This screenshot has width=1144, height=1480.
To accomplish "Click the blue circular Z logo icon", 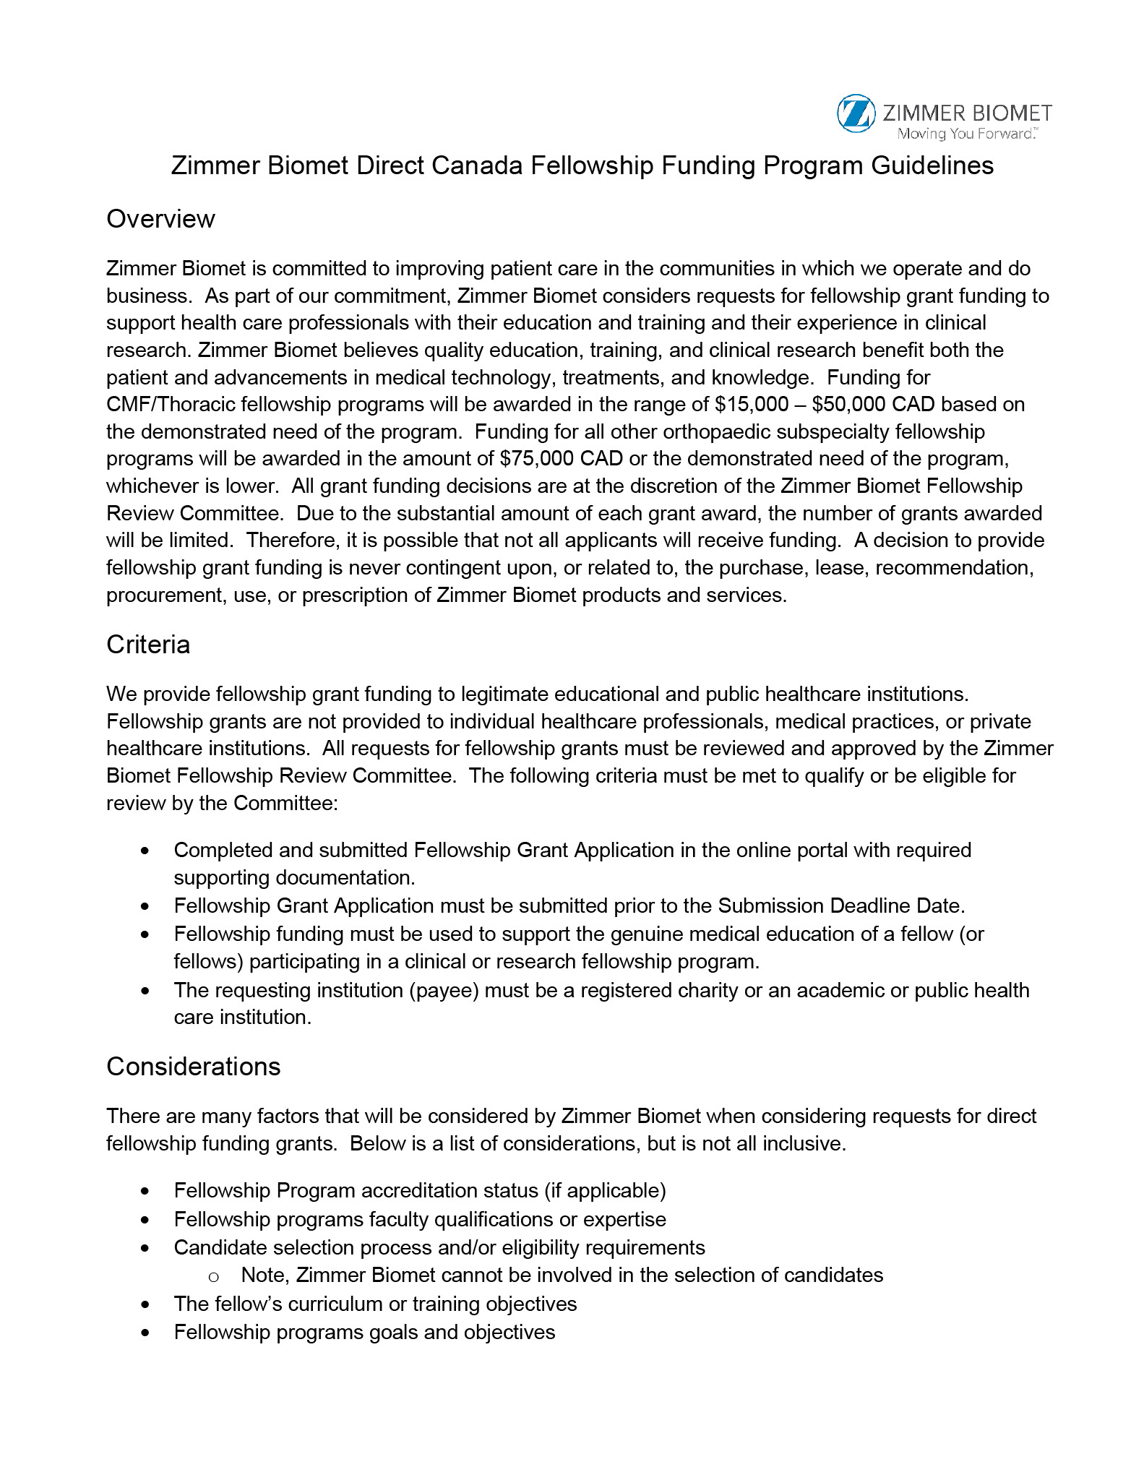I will click(x=856, y=113).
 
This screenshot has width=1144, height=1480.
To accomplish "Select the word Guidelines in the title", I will click(x=932, y=165).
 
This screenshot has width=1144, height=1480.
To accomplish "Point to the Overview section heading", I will click(x=160, y=219).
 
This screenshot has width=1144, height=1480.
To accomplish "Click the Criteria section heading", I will click(x=148, y=645).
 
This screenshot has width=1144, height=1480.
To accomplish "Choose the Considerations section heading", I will click(x=193, y=1067).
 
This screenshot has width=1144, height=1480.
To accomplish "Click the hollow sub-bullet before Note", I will click(x=213, y=1277).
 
